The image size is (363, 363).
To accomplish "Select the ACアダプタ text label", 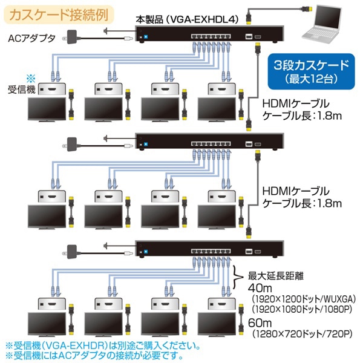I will point(32,38).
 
